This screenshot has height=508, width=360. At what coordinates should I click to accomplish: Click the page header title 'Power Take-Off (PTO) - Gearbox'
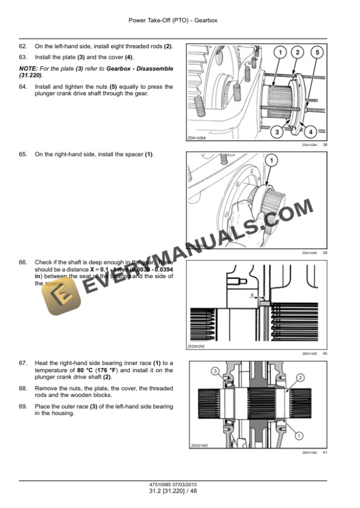[x=181, y=19]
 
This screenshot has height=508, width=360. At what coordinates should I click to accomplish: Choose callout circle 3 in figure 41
[x=215, y=370]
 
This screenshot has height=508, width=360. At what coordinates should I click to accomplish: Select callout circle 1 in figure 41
[x=299, y=436]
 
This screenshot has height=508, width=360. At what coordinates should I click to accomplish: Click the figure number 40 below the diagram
[x=325, y=353]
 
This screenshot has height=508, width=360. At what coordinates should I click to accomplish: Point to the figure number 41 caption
[x=325, y=452]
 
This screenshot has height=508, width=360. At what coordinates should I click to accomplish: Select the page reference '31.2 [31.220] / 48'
[x=181, y=492]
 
